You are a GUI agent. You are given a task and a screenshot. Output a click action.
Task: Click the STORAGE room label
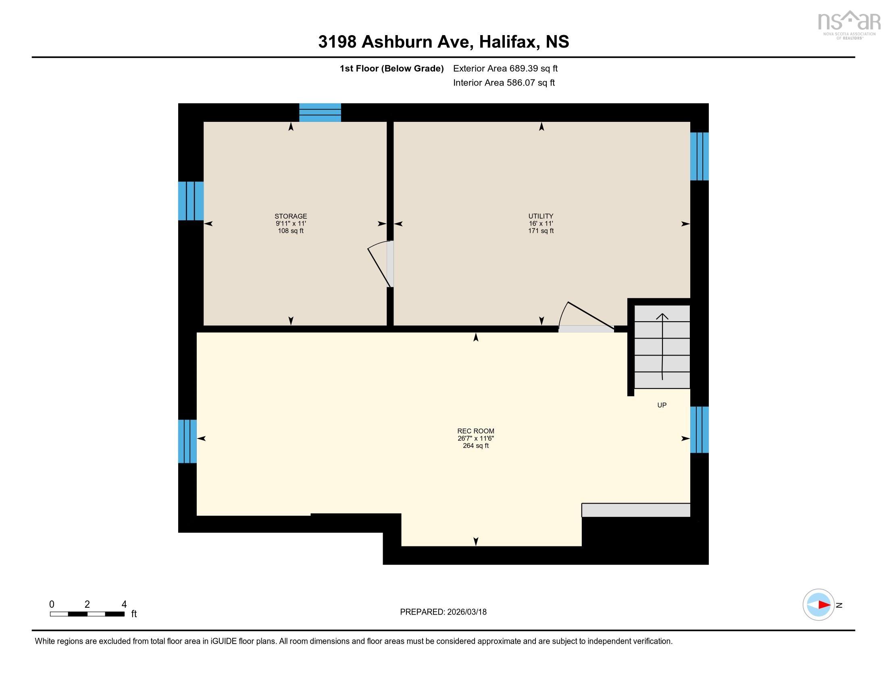[x=290, y=216]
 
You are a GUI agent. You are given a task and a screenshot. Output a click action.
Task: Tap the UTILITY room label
[x=541, y=216]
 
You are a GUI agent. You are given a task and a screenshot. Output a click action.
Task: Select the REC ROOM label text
[x=476, y=431]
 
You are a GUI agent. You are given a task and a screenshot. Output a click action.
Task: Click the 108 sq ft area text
[x=290, y=231]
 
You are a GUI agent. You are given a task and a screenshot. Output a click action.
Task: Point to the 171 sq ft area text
[x=541, y=231]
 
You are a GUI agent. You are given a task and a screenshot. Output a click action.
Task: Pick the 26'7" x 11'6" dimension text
[x=476, y=439]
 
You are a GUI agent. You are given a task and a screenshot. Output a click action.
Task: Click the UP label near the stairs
[x=662, y=405]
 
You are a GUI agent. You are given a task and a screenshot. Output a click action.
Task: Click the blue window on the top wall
[x=320, y=113]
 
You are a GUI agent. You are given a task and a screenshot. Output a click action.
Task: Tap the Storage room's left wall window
[x=191, y=201]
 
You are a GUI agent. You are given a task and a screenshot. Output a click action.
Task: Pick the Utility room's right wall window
[x=700, y=157]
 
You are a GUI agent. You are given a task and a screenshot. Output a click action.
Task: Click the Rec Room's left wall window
[x=187, y=441]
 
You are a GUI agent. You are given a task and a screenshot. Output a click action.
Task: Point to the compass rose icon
[x=818, y=605]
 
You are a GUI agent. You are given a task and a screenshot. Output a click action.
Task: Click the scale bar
[x=87, y=614]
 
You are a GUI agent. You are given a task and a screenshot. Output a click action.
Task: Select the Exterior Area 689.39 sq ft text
[x=505, y=69]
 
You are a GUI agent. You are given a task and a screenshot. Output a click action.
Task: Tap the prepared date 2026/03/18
[x=466, y=612]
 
